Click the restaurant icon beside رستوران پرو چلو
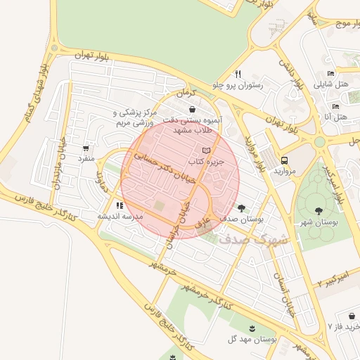(x=238, y=74)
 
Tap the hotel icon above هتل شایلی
(x=331, y=73)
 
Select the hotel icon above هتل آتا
(x=335, y=107)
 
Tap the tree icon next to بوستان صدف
(x=241, y=207)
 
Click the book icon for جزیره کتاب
(x=206, y=150)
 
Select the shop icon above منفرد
(x=86, y=148)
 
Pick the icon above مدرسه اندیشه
(x=120, y=205)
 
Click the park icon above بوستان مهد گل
(x=252, y=328)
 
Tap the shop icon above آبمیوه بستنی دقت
(x=193, y=109)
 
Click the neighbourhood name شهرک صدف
(x=253, y=238)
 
